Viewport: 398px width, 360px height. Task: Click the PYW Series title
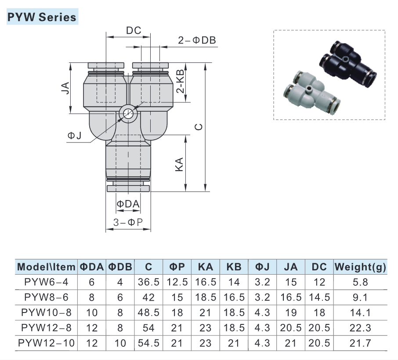pos(42,17)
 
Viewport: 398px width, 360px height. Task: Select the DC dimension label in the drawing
pos(133,31)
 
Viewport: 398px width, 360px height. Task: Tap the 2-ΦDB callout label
pos(197,40)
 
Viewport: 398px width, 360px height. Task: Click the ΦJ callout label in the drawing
pos(75,136)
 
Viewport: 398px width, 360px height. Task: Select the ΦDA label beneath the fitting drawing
pos(128,204)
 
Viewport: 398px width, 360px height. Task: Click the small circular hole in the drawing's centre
pos(128,114)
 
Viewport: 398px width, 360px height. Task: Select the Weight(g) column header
pos(360,267)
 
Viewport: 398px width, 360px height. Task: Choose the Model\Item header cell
pos(47,267)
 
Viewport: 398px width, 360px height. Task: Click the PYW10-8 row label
pos(47,313)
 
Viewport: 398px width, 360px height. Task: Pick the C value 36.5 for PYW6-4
pos(148,282)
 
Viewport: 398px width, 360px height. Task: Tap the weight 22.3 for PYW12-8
pos(360,328)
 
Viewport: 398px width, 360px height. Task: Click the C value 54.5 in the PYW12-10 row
pos(148,343)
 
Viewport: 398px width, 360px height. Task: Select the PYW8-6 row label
pos(47,298)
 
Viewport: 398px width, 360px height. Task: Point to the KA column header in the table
pos(205,267)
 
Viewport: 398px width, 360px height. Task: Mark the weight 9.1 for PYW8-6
pos(360,298)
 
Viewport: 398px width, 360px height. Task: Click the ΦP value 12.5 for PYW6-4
pos(177,282)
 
